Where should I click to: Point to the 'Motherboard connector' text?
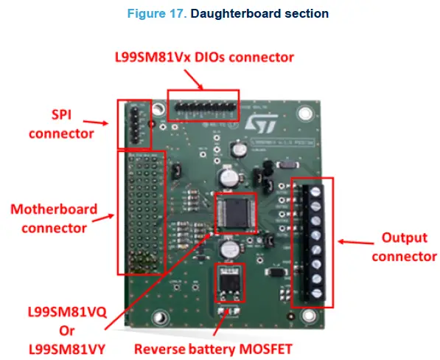53,218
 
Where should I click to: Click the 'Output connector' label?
403,247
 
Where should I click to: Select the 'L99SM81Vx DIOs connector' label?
203,57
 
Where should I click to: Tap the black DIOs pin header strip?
203,108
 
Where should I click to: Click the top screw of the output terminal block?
316,190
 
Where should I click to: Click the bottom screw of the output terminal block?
316,292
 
